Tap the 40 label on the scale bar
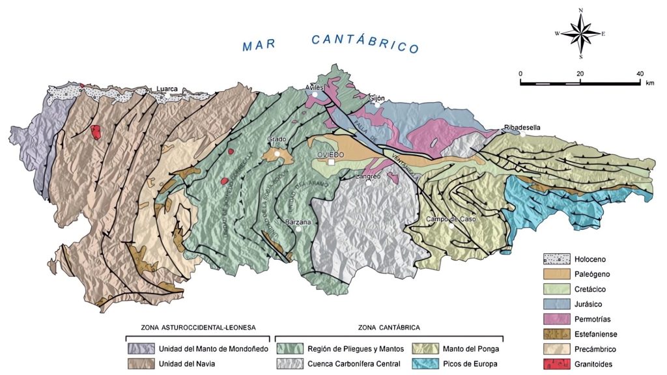[x=640, y=74]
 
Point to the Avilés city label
[x=315, y=87]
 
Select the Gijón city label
[x=377, y=98]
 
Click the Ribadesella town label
[x=522, y=127]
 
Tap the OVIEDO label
[x=330, y=154]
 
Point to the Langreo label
[x=368, y=176]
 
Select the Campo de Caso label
[x=451, y=219]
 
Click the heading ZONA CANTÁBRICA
[x=388, y=327]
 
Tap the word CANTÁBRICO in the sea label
[x=364, y=44]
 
